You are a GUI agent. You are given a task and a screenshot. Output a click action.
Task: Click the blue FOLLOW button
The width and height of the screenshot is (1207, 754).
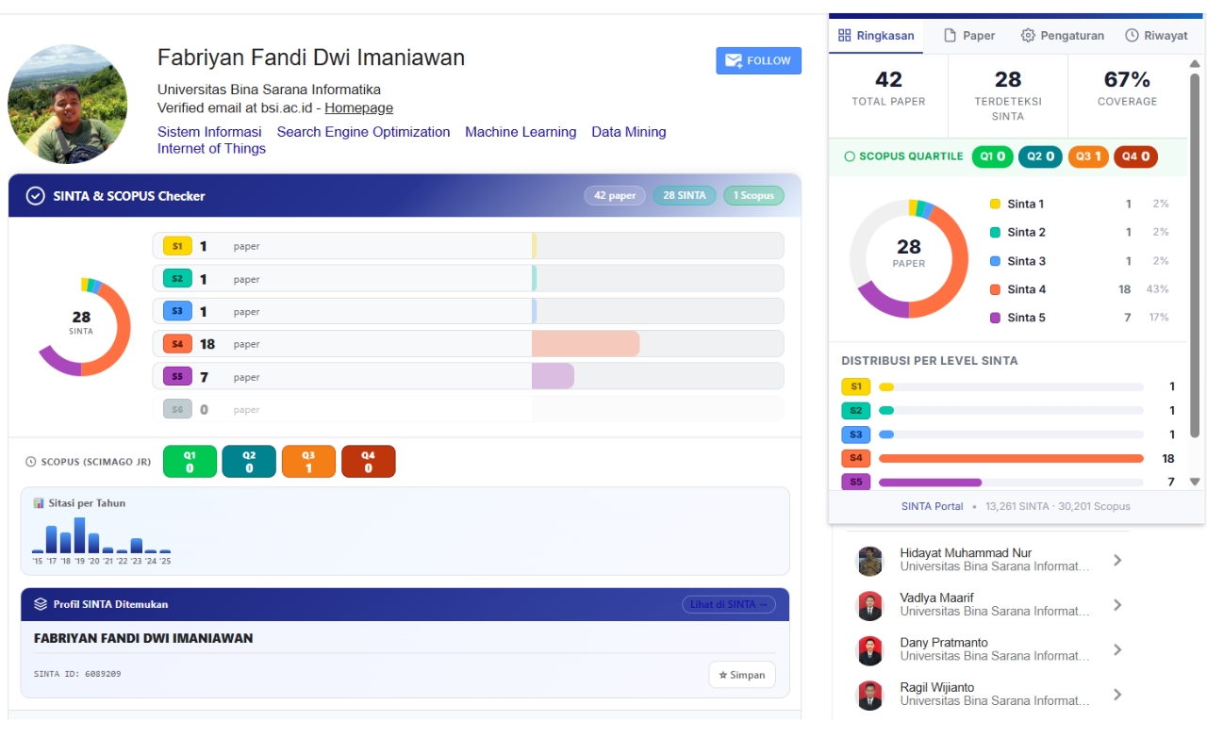coord(758,60)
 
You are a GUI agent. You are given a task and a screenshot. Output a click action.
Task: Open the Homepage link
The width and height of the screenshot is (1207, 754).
coord(358,107)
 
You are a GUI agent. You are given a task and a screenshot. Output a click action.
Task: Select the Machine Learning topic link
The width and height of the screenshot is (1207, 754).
coord(521,132)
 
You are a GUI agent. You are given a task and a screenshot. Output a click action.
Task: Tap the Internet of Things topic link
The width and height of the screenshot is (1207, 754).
coord(211,149)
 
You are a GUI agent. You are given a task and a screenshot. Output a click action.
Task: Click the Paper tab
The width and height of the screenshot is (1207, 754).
coord(969,36)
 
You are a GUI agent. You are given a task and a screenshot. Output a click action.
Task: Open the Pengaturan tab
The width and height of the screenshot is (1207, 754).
coord(1062,36)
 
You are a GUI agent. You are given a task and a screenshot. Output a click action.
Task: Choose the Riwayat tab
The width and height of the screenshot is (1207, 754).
coord(1156,36)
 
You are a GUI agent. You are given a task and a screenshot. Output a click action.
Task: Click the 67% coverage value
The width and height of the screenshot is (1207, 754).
coord(1127,80)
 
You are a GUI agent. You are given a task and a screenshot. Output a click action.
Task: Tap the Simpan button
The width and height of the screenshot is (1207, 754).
coord(742,675)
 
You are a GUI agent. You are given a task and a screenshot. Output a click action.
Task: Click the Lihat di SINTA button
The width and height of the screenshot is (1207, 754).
coord(729,604)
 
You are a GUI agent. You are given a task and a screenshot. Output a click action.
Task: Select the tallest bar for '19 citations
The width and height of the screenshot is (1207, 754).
coord(80,534)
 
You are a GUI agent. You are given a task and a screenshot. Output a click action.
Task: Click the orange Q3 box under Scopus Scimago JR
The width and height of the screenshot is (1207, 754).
coord(308,462)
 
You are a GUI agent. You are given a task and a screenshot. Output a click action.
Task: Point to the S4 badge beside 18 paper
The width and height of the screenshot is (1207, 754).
coord(177,344)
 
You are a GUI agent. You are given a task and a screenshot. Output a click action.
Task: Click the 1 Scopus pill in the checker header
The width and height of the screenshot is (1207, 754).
coord(753,195)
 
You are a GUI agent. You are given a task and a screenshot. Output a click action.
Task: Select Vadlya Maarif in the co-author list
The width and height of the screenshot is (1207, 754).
coord(936,598)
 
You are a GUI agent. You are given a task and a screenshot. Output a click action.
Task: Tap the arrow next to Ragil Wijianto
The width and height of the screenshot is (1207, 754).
coord(1117,695)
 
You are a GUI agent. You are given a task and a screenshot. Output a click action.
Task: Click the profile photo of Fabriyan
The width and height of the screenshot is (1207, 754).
coord(67,104)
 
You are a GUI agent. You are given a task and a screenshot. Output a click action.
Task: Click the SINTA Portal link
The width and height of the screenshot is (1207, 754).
coord(932,506)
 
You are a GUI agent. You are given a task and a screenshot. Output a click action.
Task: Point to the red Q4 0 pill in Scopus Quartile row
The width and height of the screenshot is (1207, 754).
coord(1135,156)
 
